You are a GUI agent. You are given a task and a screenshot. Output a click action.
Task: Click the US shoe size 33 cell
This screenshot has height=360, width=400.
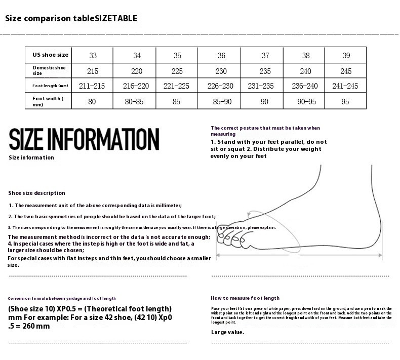[93, 55]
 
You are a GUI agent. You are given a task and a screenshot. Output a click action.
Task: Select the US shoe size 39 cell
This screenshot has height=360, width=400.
[346, 55]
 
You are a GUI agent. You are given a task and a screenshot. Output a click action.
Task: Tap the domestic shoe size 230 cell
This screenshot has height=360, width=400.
[221, 71]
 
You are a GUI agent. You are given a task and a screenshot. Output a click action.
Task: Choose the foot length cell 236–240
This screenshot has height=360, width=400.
[305, 86]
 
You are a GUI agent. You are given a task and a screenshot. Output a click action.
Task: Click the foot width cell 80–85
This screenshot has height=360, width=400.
[134, 101]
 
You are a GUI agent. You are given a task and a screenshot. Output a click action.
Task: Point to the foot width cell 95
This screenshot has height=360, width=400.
[346, 101]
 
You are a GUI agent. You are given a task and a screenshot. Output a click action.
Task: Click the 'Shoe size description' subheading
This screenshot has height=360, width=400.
[36, 193]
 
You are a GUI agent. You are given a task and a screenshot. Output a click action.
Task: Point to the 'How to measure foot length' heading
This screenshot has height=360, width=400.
[245, 298]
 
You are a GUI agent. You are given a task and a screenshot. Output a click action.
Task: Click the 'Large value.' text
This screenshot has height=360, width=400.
[227, 332]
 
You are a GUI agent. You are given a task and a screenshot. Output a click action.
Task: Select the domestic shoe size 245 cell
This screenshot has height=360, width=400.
[346, 71]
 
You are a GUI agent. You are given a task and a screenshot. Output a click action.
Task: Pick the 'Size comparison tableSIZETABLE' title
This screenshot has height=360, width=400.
[71, 19]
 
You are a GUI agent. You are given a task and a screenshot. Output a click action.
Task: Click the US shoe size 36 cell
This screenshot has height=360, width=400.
[221, 55]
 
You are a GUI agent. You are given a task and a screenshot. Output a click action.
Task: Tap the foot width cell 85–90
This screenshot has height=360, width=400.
[221, 101]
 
